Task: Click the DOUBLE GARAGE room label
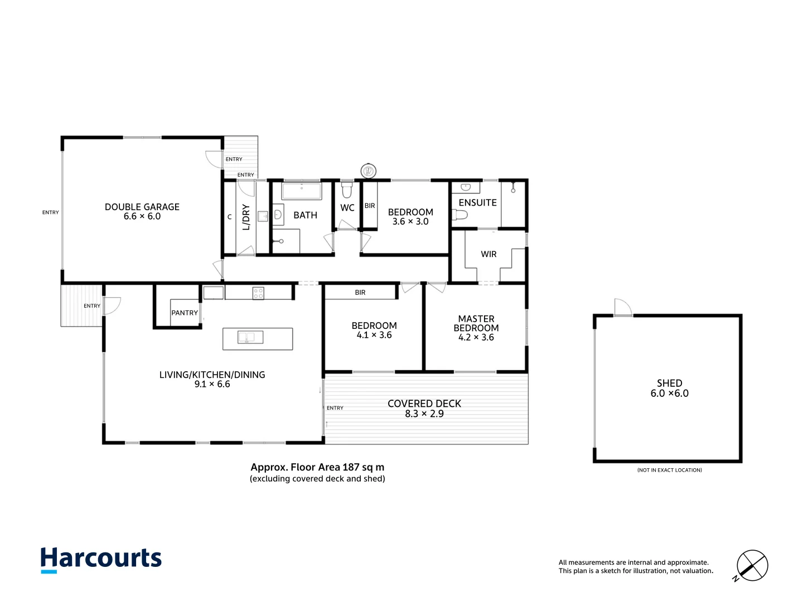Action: (142, 207)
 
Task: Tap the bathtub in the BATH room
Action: (302, 191)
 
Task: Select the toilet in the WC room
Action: (347, 191)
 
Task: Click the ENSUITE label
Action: (477, 203)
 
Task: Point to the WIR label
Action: (488, 254)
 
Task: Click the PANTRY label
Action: (185, 313)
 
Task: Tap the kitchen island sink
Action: (250, 337)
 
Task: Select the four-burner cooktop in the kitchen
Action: (258, 293)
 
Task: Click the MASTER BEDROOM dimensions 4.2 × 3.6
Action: (476, 337)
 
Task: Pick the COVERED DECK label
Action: (424, 404)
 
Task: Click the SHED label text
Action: (669, 383)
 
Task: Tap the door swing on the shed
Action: (622, 307)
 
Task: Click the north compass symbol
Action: (752, 565)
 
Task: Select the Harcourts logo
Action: (101, 559)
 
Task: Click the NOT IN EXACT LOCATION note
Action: (669, 470)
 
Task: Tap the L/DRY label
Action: (246, 217)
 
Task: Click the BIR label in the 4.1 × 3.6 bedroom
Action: (360, 293)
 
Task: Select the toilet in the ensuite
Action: (461, 215)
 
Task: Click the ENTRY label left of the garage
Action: (51, 212)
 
